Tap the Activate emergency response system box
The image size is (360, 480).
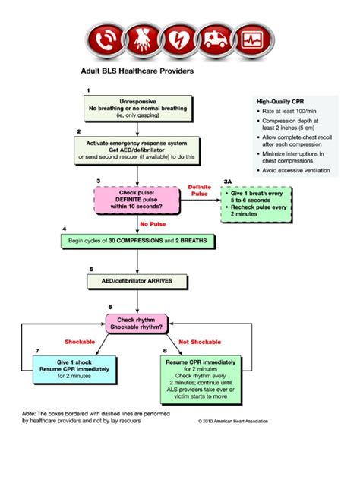click(137, 150)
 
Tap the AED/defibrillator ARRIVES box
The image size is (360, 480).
click(137, 281)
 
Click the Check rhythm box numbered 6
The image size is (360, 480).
click(136, 325)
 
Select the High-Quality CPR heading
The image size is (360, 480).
click(282, 102)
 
